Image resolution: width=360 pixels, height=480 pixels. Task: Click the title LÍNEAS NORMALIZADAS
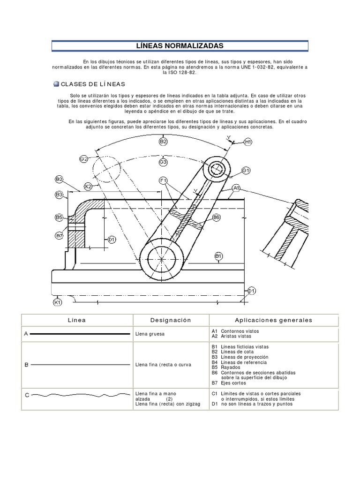coord(180,45)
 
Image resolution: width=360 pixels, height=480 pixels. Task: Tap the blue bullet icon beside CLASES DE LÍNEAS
coord(56,84)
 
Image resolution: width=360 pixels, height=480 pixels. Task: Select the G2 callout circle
coord(84,159)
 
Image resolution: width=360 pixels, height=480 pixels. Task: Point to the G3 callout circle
coord(163,162)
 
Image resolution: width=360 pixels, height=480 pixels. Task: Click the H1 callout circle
coord(248,142)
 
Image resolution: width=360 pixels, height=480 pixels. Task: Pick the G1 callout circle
coord(247,170)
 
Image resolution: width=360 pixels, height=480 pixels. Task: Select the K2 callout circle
coord(88,187)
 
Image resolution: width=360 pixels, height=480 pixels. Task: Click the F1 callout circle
coord(163,180)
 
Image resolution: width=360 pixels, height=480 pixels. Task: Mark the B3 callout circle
coord(59,194)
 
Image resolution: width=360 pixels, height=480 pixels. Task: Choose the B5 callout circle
coord(59,217)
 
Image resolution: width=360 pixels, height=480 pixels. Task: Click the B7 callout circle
coord(59,235)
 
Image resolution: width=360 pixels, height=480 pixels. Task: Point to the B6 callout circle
coord(216,217)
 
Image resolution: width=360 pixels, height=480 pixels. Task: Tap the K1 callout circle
coord(58,302)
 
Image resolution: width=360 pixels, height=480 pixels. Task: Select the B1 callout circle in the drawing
coord(218,255)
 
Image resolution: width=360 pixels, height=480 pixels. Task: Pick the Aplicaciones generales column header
coord(273,320)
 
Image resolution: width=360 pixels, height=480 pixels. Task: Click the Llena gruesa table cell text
coord(150,334)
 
